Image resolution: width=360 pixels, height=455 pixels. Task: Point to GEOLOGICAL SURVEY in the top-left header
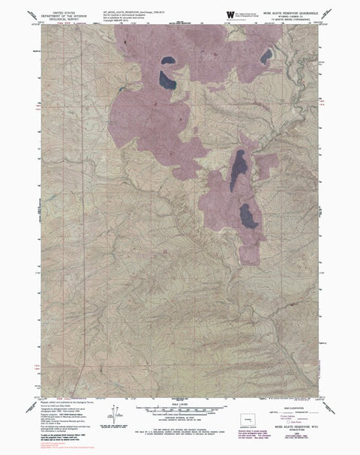[x=58, y=19]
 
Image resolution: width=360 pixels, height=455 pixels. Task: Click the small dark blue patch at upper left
[x=166, y=61]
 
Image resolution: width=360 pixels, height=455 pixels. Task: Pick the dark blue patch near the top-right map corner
[x=265, y=57]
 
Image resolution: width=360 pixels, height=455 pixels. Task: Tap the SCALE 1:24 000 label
[x=181, y=403]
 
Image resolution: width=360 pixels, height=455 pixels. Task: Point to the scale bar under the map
[x=181, y=409]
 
